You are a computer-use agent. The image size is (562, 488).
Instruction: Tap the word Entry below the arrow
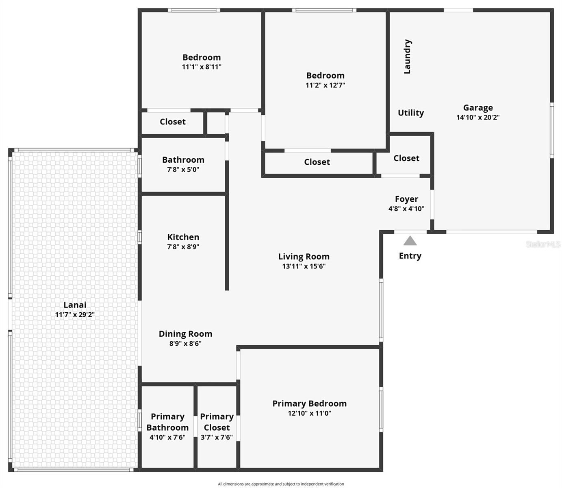(410, 256)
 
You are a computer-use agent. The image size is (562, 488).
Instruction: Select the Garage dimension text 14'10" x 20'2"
(478, 118)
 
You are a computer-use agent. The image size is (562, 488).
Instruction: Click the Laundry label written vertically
(407, 57)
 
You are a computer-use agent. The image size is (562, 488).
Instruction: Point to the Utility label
(411, 113)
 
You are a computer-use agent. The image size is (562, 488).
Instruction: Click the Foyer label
(406, 199)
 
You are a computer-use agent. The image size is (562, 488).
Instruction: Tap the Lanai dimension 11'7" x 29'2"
(75, 315)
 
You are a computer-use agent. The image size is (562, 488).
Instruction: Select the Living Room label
(304, 257)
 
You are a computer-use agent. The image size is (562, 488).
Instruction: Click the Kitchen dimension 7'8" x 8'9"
(183, 247)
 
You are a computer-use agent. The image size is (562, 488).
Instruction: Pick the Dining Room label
(185, 334)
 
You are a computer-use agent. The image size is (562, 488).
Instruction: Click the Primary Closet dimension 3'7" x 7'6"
(217, 438)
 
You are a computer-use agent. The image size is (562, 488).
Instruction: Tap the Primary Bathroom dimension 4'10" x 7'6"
(167, 438)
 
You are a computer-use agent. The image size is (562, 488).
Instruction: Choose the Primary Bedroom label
(309, 403)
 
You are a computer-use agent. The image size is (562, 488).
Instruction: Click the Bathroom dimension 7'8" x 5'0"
(183, 170)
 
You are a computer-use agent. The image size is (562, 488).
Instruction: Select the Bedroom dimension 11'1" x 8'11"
(202, 67)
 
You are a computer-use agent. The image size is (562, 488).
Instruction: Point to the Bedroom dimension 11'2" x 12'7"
(325, 85)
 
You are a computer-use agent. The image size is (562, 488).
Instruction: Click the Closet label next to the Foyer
(406, 158)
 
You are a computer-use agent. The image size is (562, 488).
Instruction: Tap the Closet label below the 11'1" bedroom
(172, 122)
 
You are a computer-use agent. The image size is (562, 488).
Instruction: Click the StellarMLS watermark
(543, 244)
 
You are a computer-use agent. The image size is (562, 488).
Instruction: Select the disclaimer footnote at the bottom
(281, 484)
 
